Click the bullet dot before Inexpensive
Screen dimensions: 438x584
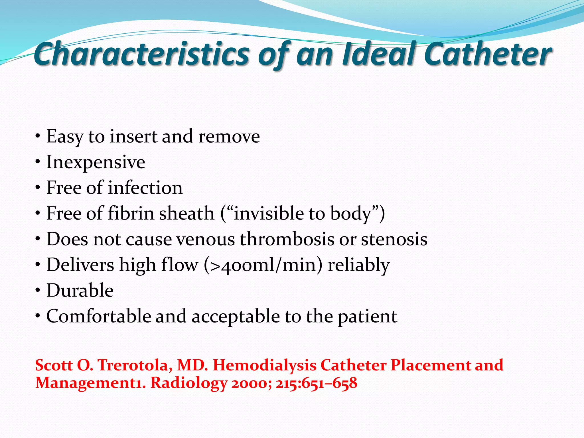pos(38,162)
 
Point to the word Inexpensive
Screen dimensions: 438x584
pos(96,162)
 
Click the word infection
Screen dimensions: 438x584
pos(145,188)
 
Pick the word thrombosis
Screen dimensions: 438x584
pos(287,239)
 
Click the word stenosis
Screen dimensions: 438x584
pos(394,239)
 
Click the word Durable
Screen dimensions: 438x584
pos(80,290)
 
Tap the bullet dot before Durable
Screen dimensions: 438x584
pos(38,290)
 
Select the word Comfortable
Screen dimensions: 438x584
pos(99,316)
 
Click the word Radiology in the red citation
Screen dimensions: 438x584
pos(188,383)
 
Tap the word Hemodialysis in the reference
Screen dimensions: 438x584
pos(264,365)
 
